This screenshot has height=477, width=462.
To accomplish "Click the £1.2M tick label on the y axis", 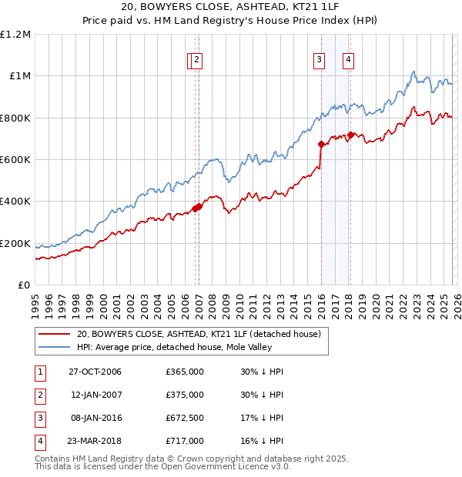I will (x=15, y=35).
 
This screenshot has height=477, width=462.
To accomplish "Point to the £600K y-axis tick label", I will (x=15, y=160).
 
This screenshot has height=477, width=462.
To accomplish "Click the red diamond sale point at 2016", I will (x=321, y=144).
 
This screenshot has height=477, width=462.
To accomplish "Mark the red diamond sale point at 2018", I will (x=351, y=135).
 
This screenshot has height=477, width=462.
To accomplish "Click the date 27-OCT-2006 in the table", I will (x=95, y=372).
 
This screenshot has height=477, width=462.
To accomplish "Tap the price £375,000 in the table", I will (x=185, y=395).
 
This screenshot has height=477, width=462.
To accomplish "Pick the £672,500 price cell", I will (x=185, y=418).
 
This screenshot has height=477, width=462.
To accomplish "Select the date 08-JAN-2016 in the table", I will (x=95, y=418).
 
